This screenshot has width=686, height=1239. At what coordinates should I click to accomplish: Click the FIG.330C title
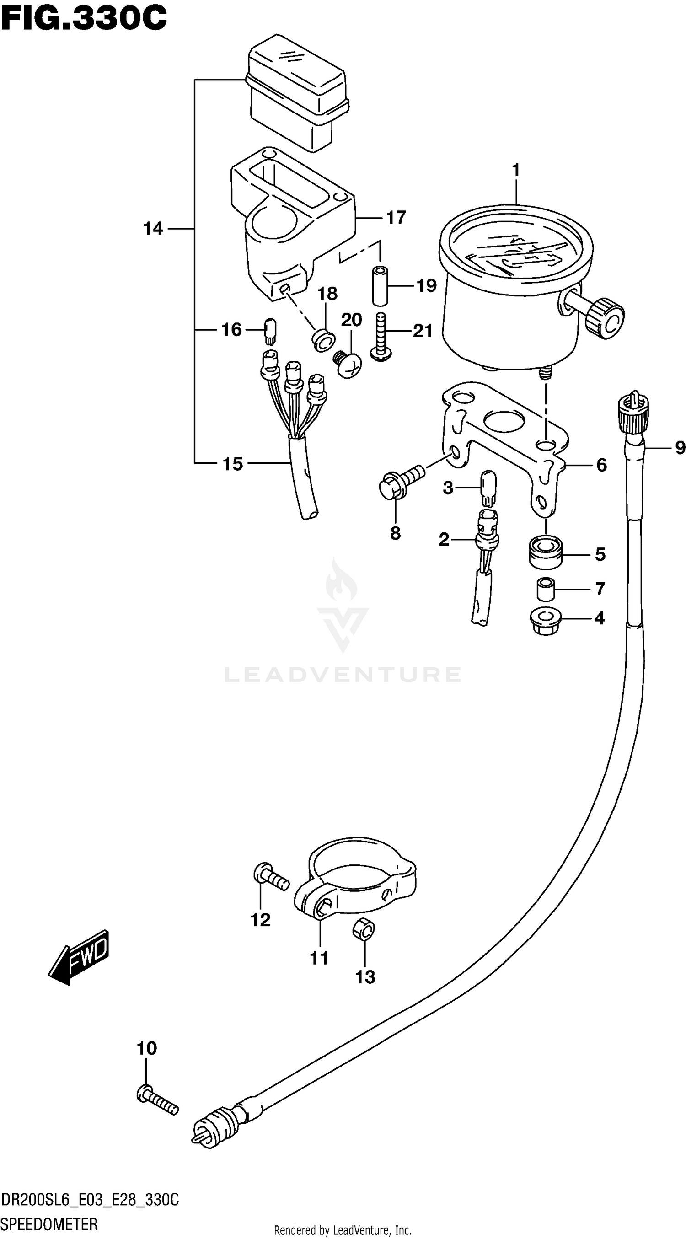(x=84, y=18)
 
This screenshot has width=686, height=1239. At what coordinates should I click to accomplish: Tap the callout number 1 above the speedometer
(x=516, y=170)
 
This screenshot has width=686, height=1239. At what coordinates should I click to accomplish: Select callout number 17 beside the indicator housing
(x=396, y=218)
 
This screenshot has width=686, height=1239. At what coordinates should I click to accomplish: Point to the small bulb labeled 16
(x=270, y=331)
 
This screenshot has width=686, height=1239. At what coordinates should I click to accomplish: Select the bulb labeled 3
(x=488, y=488)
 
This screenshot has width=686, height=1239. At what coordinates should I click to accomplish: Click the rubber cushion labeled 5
(x=546, y=553)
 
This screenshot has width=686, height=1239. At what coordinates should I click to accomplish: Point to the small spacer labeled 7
(x=546, y=590)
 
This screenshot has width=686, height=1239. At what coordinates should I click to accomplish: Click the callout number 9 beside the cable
(x=679, y=448)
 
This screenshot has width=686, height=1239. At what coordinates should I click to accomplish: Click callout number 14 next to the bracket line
(x=153, y=229)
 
